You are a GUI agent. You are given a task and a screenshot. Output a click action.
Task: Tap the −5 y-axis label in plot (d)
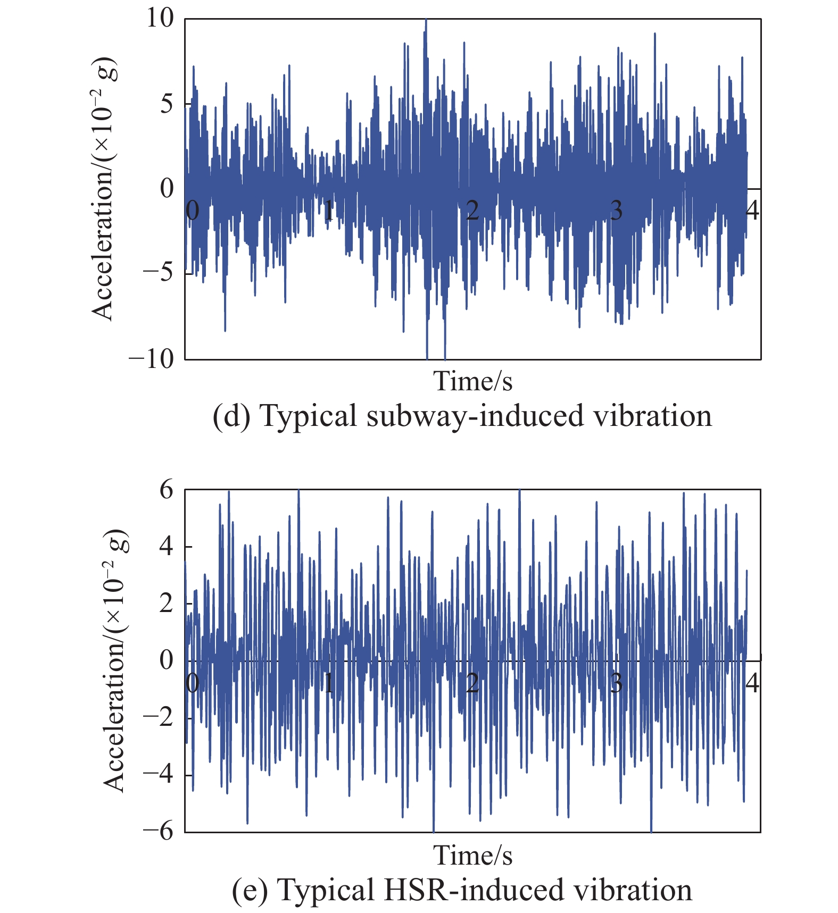tap(158, 273)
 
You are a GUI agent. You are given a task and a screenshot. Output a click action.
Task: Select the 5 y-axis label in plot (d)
tap(167, 103)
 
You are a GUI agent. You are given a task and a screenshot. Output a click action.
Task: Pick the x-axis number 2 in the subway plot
tap(472, 211)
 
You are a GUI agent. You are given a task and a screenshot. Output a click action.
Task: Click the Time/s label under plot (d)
tap(472, 381)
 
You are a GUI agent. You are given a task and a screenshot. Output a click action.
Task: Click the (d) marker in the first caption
tap(231, 416)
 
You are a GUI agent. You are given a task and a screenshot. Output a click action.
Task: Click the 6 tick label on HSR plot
tap(167, 490)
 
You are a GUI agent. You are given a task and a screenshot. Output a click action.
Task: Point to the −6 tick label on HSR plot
tap(158, 831)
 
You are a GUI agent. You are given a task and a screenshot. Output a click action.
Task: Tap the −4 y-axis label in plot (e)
tap(158, 774)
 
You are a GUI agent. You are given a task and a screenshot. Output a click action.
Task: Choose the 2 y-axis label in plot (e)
tap(167, 603)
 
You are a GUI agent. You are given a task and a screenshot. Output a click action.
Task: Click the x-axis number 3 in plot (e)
tap(616, 683)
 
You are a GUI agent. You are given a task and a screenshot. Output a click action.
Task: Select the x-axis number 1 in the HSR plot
tap(329, 683)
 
